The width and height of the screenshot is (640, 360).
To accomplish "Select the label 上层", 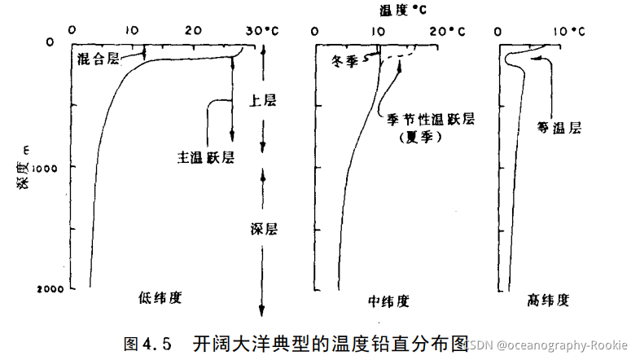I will [263, 100].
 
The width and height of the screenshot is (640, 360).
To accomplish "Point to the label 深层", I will [263, 229].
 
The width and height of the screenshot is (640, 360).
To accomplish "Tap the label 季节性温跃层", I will [430, 121].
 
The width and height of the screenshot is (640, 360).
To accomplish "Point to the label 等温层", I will [564, 128].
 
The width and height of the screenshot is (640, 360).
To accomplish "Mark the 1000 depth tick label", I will [50, 166].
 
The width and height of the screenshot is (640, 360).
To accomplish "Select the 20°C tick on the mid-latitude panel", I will [447, 31].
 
